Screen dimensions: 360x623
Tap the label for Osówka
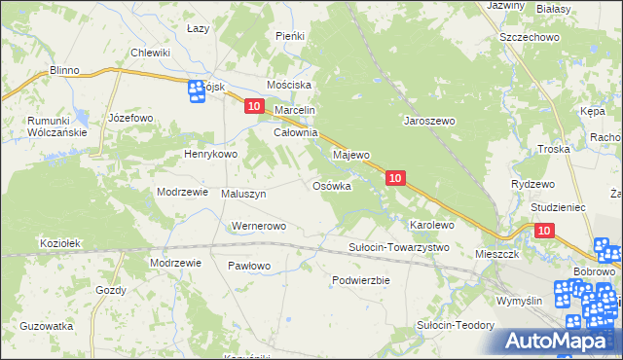coord(331,186)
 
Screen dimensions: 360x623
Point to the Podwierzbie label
coord(360,280)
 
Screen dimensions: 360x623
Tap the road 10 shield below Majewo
coord(395,178)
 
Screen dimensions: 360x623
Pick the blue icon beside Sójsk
coord(194,90)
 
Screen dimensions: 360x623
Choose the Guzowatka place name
coord(47,326)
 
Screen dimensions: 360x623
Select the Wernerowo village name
coord(258,227)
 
